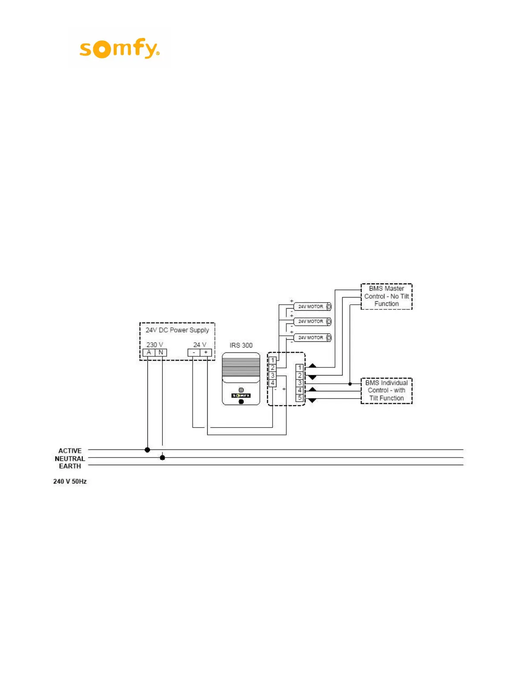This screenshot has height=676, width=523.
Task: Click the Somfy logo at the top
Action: [120, 48]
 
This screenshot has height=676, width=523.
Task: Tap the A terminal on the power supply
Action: [149, 353]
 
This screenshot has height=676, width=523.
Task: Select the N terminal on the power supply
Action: [161, 353]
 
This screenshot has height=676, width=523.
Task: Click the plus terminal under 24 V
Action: [206, 353]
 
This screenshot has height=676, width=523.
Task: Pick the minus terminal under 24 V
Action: [194, 353]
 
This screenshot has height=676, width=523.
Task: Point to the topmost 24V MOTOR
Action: [312, 306]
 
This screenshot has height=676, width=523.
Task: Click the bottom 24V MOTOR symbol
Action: [312, 338]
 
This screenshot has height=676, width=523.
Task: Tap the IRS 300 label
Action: [241, 345]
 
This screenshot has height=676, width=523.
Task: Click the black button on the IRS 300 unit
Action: [241, 402]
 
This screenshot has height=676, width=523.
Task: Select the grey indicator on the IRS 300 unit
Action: [241, 390]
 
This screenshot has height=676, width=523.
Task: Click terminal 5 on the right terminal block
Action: [300, 398]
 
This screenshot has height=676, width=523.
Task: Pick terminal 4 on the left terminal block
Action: [273, 383]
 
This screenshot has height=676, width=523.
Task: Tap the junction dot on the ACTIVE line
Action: [147, 450]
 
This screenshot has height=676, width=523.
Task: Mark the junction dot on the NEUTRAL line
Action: [162, 457]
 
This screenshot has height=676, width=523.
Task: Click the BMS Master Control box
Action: [386, 296]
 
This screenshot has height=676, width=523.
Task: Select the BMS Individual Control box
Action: [386, 390]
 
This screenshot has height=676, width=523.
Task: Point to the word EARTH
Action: [70, 466]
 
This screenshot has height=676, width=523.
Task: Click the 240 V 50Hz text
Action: [70, 481]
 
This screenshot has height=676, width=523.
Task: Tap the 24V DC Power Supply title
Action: [177, 330]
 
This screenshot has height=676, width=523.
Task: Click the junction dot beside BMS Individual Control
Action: [350, 384]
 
